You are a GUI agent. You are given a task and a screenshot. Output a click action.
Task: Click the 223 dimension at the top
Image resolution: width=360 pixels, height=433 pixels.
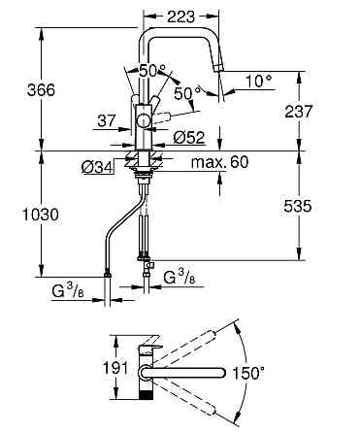coord(181,17)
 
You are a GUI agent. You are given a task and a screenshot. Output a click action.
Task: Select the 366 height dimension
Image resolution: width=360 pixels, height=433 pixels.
coord(41,89)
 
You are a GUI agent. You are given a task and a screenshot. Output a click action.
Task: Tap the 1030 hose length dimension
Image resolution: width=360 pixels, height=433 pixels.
coord(41,215)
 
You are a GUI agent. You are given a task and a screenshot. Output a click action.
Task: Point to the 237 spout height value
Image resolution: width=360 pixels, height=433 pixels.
coord(299,112)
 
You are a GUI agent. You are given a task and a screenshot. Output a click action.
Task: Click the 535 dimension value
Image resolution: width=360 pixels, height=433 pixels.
coord(298,206)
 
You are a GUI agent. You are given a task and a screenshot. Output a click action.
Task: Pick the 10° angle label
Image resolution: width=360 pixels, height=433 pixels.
coord(259,81)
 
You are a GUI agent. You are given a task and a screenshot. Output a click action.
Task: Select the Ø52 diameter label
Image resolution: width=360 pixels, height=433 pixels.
coord(189,138)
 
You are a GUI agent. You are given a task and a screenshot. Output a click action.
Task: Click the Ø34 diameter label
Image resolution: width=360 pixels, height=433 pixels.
coord(97,168)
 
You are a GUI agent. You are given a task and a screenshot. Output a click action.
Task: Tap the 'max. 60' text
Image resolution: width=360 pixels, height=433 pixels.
coord(219,161)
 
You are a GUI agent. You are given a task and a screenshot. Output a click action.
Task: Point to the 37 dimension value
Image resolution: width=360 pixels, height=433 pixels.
coord(107,121)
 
